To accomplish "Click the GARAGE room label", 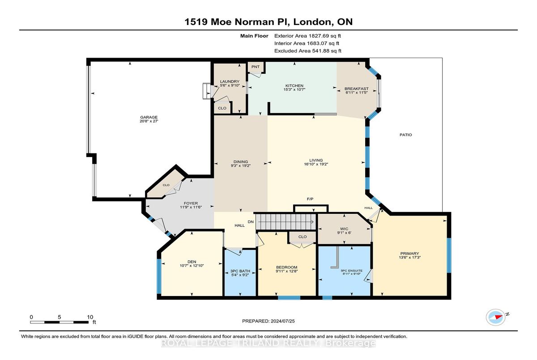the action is [x=149, y=117].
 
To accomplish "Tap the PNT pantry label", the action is [x=256, y=67].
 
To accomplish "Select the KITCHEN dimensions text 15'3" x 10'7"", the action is [x=294, y=89].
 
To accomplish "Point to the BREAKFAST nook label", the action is [x=357, y=89].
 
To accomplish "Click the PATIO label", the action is [x=405, y=135].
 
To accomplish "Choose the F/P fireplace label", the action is [x=310, y=199].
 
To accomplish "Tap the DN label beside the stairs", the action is [x=251, y=222].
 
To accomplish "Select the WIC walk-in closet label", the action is [x=344, y=229].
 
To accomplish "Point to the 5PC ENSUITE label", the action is [x=352, y=271].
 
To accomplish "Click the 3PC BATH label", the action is [x=240, y=271].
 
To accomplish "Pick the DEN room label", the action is [x=192, y=262].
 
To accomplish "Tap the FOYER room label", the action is [x=191, y=203].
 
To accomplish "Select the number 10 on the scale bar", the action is [x=90, y=317].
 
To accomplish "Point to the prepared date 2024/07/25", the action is [x=283, y=321].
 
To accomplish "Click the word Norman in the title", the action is [x=254, y=22].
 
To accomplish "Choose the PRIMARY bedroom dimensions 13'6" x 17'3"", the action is [x=409, y=258].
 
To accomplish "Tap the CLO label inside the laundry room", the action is [x=222, y=108].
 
